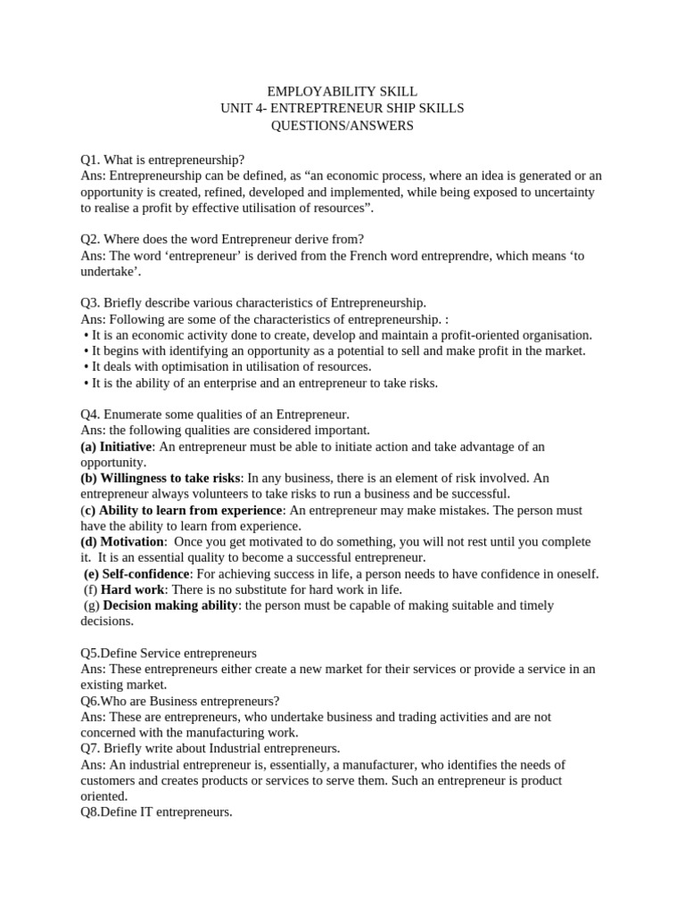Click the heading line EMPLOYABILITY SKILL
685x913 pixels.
coord(342,92)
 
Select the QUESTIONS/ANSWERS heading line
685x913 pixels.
coord(342,126)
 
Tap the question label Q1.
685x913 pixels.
coord(91,160)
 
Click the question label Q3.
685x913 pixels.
coord(91,302)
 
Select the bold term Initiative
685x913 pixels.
coord(127,446)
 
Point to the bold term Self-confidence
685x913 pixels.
coord(145,573)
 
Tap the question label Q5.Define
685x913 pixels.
coord(110,653)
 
